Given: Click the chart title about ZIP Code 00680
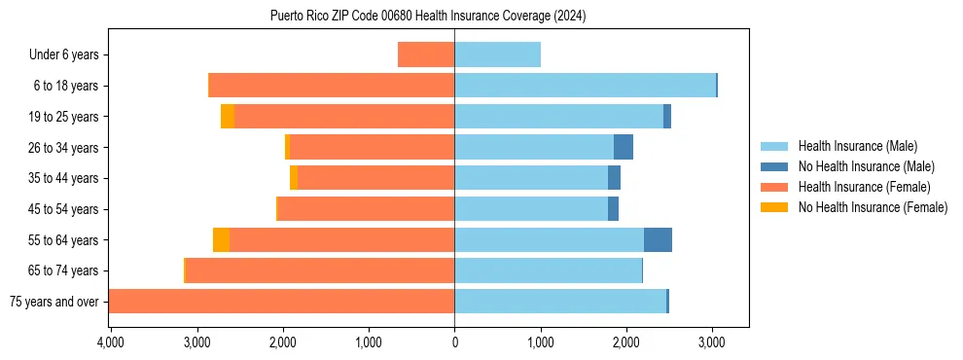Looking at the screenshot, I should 428,16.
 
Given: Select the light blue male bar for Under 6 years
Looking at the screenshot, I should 497,54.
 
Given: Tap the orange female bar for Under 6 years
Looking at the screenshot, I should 426,54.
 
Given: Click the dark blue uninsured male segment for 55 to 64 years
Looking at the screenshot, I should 658,239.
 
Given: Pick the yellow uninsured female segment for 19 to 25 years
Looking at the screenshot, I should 228,117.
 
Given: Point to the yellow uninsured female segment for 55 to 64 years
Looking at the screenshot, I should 221,239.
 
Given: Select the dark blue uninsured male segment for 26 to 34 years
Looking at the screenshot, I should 624,147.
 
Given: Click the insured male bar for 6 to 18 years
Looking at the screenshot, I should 585,86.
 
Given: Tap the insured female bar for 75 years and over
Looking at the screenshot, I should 281,302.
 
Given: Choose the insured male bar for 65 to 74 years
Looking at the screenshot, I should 548,270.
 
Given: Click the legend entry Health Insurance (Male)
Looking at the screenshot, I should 857,146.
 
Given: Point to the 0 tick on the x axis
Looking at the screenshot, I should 454,342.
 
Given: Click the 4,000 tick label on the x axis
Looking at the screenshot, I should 111,342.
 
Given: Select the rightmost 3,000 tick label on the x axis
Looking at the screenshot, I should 712,342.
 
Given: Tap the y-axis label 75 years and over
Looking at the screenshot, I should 53,302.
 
